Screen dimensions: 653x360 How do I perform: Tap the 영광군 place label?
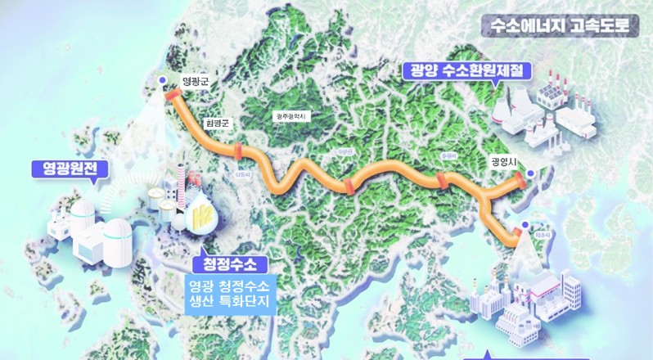point(197,80)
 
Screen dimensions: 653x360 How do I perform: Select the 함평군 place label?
point(218,122)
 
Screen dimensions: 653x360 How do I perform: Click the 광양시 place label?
point(504,161)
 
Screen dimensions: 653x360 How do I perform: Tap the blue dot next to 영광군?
point(162,80)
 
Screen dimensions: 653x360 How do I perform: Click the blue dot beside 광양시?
point(530,173)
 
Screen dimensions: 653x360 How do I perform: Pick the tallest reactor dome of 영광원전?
point(82,214)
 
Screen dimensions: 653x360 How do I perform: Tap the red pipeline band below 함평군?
point(238,151)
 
